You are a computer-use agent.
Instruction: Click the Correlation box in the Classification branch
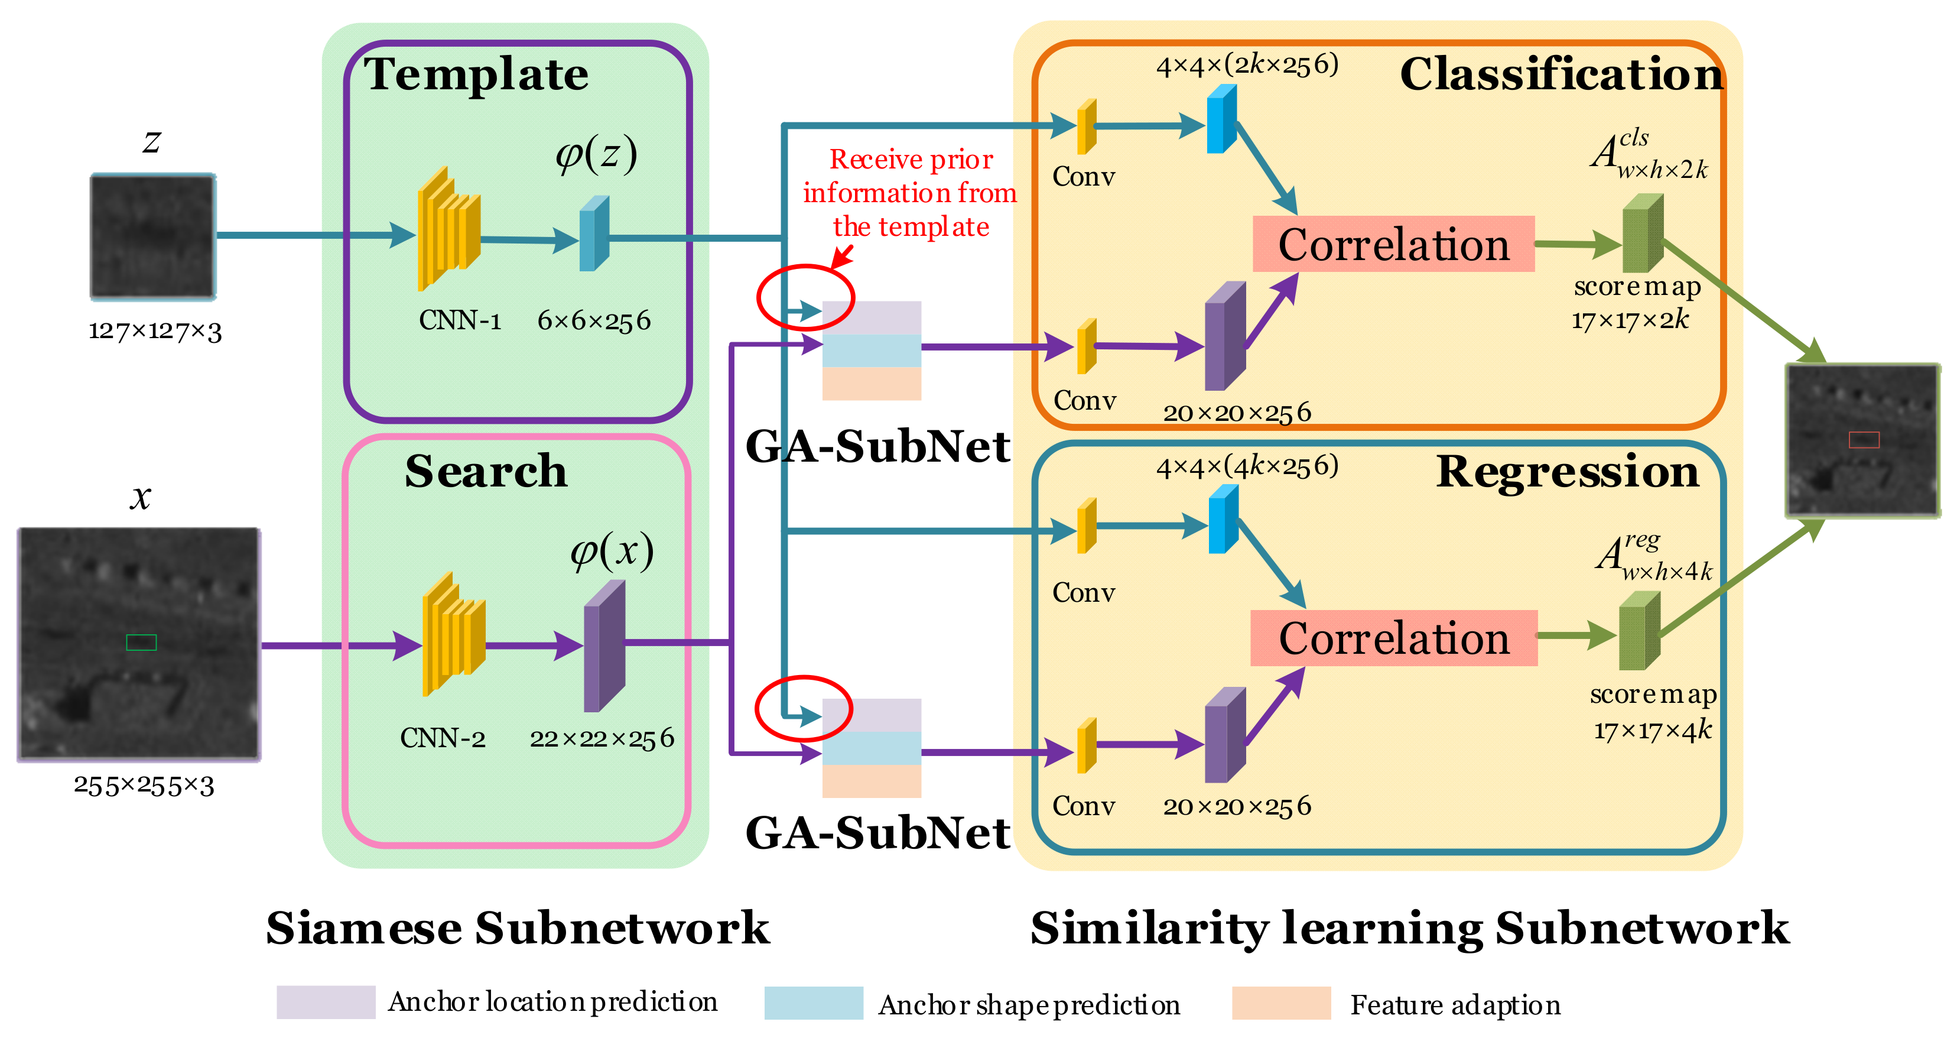click(1393, 244)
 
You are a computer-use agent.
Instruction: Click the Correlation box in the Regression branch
click(1393, 638)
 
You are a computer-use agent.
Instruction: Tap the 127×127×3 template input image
click(152, 236)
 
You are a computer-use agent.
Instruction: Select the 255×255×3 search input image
click(139, 644)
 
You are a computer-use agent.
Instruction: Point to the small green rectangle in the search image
click(141, 643)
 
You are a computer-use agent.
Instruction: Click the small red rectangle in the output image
click(1864, 439)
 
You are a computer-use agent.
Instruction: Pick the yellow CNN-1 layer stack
click(448, 228)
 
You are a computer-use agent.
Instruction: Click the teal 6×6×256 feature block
click(594, 234)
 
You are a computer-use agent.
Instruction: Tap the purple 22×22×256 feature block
click(604, 647)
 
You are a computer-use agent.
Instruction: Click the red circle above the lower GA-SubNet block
click(803, 708)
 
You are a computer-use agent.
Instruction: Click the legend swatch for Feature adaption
click(1281, 1003)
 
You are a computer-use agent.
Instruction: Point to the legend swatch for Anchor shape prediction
click(813, 1003)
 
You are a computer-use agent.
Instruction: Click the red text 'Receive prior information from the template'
click(910, 193)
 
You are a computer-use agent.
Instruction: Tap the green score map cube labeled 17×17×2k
click(1643, 233)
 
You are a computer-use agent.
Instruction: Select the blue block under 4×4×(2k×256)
click(1221, 119)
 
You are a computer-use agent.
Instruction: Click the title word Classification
click(1561, 74)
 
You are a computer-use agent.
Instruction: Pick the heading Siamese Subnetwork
click(518, 928)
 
